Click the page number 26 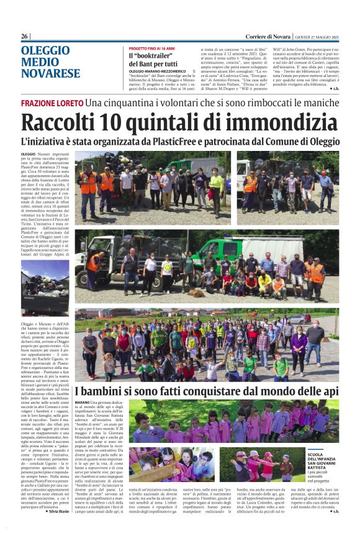coord(25,36)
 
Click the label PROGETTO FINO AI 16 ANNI coord(151,48)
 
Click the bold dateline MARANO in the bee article coord(81,403)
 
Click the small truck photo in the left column coord(45,288)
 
